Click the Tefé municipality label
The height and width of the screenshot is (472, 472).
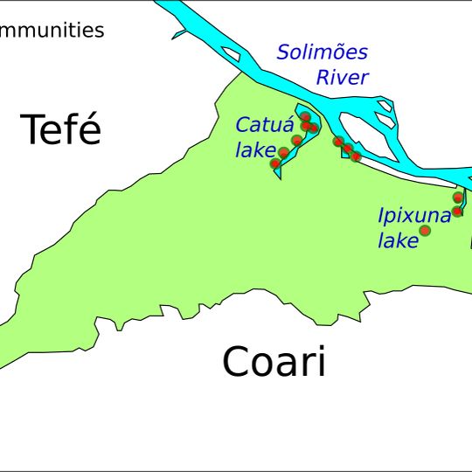click(60, 130)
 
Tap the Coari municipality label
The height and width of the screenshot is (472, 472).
click(274, 362)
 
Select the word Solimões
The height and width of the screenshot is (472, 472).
click(323, 52)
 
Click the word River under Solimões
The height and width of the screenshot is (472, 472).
click(342, 78)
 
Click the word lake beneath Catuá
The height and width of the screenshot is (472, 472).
click(255, 150)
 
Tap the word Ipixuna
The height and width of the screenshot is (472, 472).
click(414, 216)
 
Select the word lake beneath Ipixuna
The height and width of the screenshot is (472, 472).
click(399, 241)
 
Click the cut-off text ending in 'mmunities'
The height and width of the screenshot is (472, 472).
click(52, 31)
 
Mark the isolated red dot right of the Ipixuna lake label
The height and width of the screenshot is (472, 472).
click(426, 231)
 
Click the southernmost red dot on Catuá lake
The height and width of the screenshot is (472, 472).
click(275, 163)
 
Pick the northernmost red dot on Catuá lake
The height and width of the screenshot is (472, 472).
click(305, 117)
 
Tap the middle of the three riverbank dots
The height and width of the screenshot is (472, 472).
click(347, 149)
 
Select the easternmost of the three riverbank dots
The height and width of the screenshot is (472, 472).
click(356, 156)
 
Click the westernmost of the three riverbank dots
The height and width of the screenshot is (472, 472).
click(338, 141)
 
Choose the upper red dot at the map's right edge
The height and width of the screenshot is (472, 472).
click(458, 198)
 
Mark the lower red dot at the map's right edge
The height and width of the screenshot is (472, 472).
click(456, 212)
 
